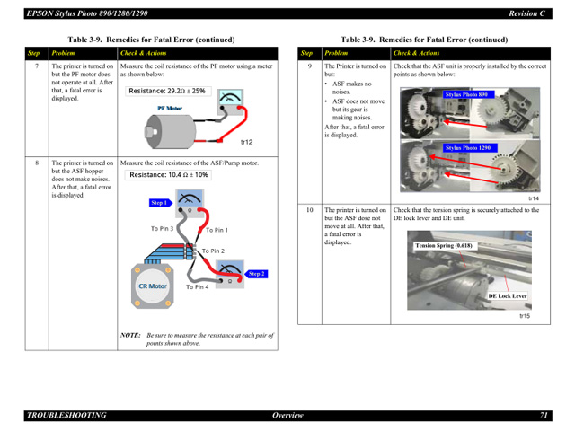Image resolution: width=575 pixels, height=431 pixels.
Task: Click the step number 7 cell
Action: tap(36, 66)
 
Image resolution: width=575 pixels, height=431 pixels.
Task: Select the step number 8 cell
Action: tap(36, 163)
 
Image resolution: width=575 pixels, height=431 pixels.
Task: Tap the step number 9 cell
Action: tap(309, 66)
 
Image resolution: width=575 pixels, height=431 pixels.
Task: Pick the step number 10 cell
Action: tap(309, 210)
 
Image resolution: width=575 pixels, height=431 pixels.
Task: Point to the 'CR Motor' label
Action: tap(152, 286)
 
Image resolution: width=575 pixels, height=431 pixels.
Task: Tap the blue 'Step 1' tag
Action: tap(159, 204)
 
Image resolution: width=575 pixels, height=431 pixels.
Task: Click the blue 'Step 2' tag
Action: tap(256, 273)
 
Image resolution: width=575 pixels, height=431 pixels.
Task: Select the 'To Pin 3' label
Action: tap(162, 229)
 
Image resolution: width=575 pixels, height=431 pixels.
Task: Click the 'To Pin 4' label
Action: tap(198, 286)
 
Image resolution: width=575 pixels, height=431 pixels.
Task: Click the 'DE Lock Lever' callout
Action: tap(508, 295)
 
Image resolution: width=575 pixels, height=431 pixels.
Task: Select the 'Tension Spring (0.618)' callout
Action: tap(444, 245)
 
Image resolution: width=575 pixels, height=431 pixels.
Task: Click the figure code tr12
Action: tap(247, 142)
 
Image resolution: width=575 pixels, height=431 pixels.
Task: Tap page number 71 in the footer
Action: tap(544, 415)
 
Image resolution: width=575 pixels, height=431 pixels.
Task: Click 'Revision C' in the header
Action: tap(527, 13)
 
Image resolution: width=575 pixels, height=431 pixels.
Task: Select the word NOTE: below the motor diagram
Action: tap(131, 335)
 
